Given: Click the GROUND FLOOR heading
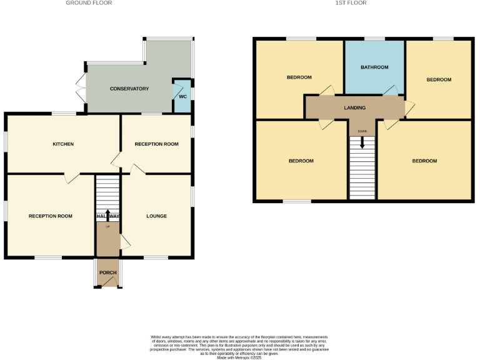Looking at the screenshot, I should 89,3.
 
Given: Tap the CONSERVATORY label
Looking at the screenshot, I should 129,89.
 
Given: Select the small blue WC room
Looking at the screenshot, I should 182,97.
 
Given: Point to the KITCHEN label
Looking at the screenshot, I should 63,144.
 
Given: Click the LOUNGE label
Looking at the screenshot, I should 156,216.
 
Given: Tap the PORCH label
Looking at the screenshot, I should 108,272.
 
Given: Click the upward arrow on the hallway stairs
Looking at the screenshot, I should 108,215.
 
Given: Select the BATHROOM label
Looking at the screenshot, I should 374,67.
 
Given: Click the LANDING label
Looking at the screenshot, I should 354,108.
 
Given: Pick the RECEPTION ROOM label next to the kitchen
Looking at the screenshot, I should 156,144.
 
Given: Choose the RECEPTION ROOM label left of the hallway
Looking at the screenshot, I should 51,216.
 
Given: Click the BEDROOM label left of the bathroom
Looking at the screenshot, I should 299,77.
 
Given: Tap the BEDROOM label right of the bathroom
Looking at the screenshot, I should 439,80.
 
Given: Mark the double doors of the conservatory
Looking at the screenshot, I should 79,89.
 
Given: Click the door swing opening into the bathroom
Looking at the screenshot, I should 390,91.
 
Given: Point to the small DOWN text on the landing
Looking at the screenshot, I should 362,131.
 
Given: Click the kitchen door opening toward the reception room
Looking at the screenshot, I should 71,178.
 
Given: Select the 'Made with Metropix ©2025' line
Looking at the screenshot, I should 239,357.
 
